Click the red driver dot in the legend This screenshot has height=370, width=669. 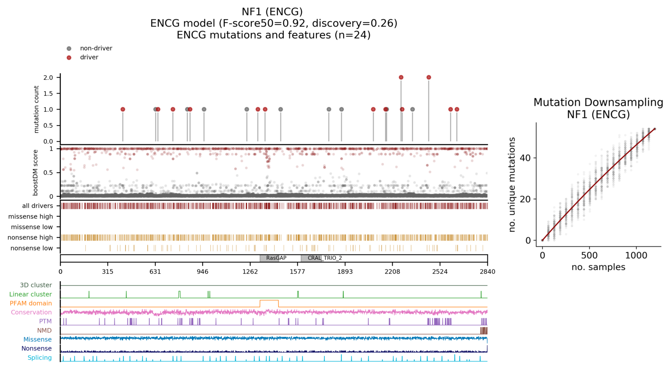[69, 58]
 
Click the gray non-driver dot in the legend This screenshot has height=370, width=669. [69, 49]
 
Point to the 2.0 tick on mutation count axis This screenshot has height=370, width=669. [48, 78]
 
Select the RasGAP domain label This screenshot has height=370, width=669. [276, 258]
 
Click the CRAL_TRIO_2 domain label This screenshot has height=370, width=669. [324, 258]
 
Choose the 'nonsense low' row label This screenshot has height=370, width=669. [31, 248]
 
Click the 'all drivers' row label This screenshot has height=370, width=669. [37, 206]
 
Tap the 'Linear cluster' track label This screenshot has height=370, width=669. [30, 294]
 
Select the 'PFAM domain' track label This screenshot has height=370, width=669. [31, 303]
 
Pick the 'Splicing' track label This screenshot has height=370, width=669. [39, 358]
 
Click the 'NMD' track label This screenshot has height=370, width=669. [44, 330]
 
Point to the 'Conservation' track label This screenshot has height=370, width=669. [31, 312]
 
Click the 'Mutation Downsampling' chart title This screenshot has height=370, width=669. [598, 103]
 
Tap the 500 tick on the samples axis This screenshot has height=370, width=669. [589, 256]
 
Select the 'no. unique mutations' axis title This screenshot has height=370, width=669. [512, 185]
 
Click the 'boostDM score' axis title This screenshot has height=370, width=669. [36, 173]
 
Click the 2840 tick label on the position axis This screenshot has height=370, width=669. [487, 272]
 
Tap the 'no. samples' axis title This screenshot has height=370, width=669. [598, 267]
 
